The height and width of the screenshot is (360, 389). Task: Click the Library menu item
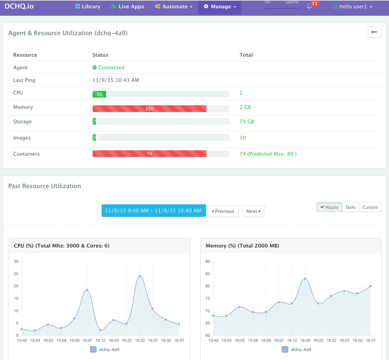coord(88,7)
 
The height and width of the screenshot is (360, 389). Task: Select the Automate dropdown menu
coord(174,7)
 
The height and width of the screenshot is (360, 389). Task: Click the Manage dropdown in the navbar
coord(220,7)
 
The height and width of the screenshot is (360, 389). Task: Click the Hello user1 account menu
coord(353,7)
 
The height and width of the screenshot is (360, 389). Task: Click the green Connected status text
coord(109,67)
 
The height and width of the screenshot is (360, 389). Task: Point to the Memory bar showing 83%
coord(149,108)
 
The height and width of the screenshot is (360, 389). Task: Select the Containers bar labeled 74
coord(149,153)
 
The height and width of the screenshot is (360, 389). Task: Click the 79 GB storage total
coord(247,121)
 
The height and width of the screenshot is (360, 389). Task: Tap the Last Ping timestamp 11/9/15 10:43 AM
coord(116,80)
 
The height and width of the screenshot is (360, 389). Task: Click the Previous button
coord(223,211)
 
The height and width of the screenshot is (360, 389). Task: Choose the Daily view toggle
coord(350,207)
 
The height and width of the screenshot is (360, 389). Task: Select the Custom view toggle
coord(370,207)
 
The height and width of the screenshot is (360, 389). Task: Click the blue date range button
coord(153,211)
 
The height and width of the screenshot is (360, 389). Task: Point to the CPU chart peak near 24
coord(140,276)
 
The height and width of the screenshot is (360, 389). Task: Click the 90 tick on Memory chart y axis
coord(208,261)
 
